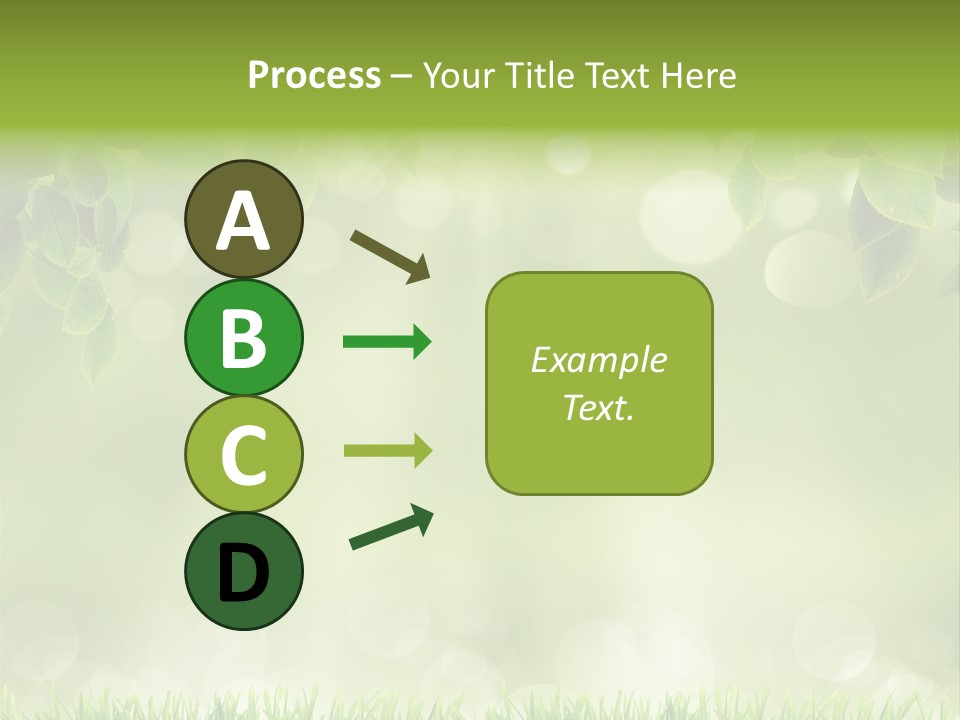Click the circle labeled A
tap(243, 219)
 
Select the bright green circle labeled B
tap(243, 337)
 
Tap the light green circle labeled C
tap(243, 454)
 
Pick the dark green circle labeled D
tap(243, 571)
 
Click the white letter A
tap(243, 221)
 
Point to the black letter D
tap(243, 573)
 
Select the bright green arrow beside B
tap(387, 342)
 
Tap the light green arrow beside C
tap(387, 450)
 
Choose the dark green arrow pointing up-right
tap(391, 527)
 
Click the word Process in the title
tap(314, 75)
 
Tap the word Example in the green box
tap(599, 360)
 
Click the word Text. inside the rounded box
tap(599, 407)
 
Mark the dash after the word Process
tap(401, 77)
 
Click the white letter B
tap(243, 339)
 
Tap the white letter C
tap(243, 456)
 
